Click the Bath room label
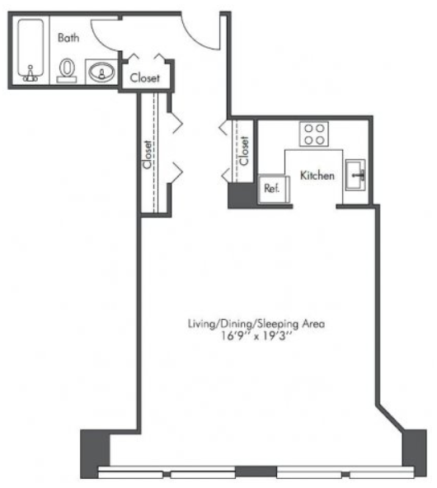68,38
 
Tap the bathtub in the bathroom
31,49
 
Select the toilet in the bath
67,70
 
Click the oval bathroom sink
101,73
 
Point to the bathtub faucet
31,74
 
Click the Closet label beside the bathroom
145,77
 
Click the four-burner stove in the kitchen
314,134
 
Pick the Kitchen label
317,176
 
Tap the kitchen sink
355,175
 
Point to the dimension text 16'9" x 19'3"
256,336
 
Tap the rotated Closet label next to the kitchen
244,151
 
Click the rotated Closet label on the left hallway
147,154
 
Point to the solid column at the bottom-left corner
95,453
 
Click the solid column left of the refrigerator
242,195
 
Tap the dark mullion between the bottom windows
256,472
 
